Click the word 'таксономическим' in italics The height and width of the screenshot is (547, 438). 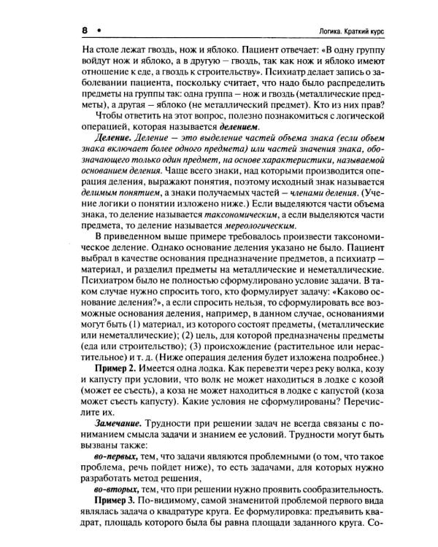[239, 215]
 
